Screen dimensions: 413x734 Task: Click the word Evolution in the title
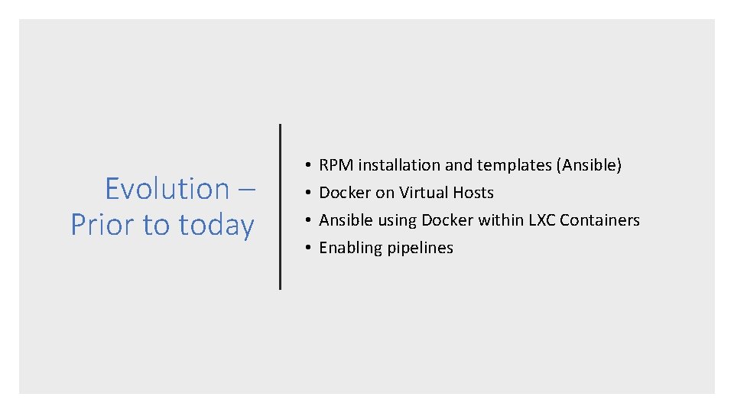pos(167,188)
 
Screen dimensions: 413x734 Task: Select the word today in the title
pos(216,225)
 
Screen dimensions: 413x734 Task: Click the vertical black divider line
pos(281,206)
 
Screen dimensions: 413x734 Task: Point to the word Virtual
pos(424,193)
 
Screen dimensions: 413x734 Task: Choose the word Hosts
pos(474,193)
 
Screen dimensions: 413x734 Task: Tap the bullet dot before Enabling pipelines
pos(305,248)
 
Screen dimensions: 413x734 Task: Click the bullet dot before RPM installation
pos(305,165)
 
